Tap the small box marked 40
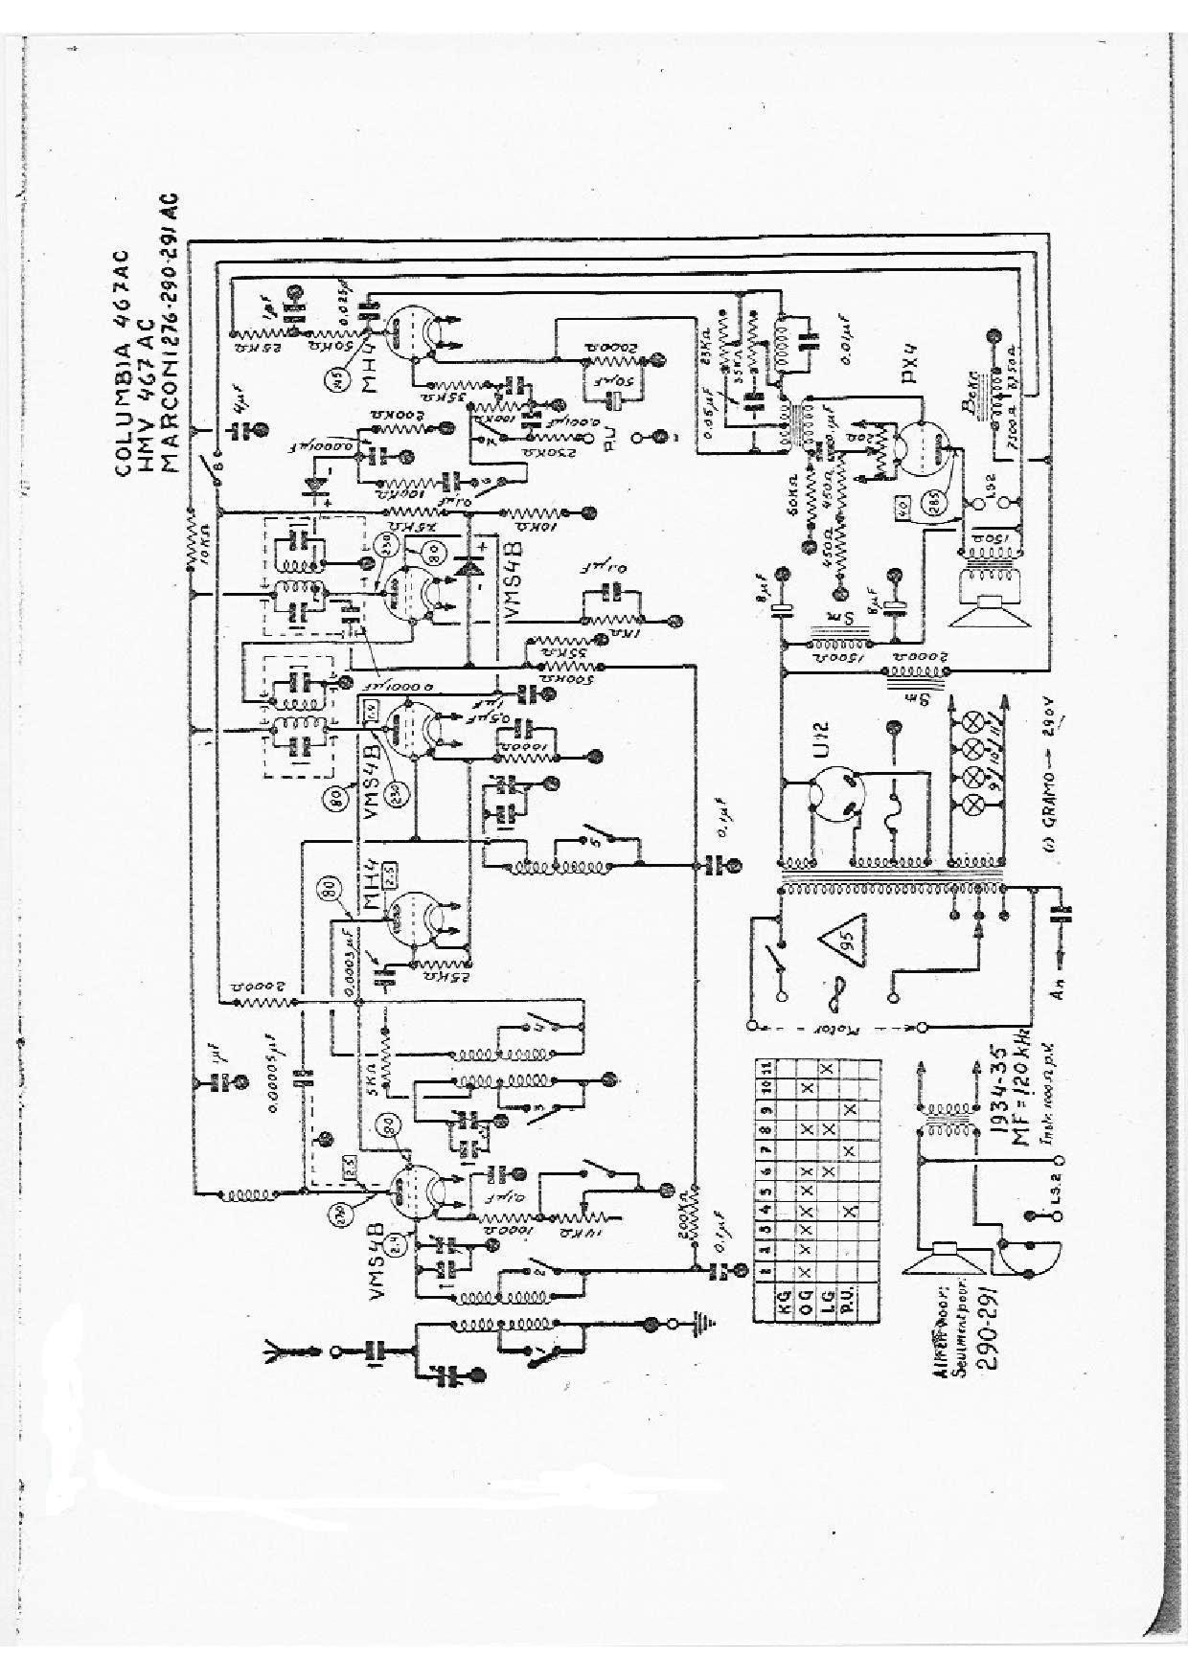pyautogui.click(x=902, y=509)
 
